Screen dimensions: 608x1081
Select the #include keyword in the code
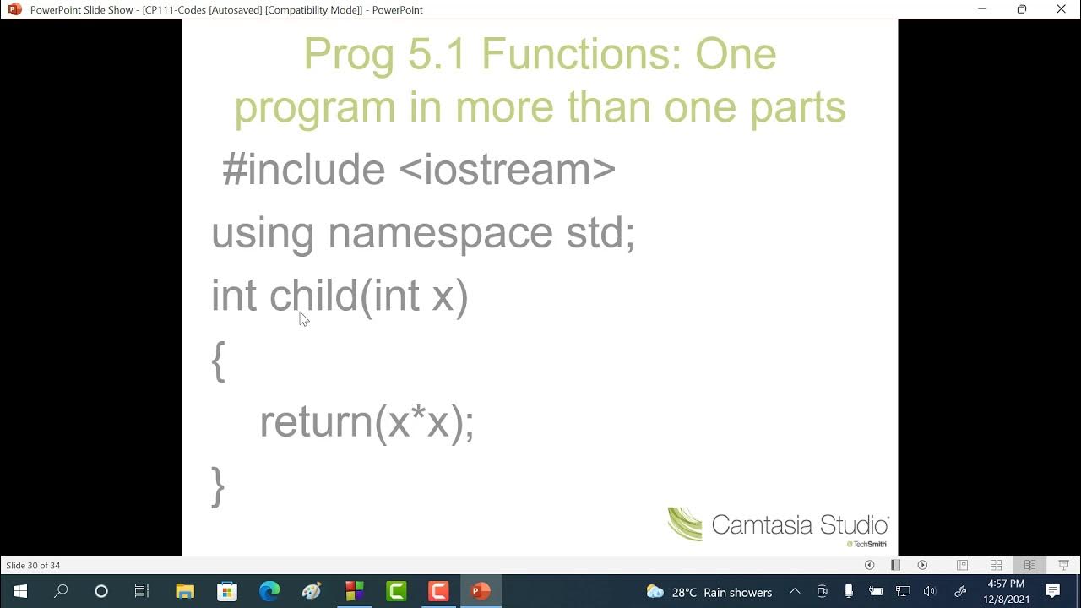pos(303,169)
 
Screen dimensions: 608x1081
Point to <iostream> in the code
pos(507,169)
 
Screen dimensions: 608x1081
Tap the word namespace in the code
pos(440,233)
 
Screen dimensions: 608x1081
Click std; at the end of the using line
pos(600,233)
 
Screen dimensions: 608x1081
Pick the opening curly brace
pos(218,361)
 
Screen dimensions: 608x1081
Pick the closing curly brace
pos(218,486)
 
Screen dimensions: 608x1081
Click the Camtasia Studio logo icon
pos(685,524)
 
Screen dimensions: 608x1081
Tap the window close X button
pos(1062,9)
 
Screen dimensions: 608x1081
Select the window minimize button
pos(982,9)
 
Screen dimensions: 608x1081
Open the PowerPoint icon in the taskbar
pos(481,591)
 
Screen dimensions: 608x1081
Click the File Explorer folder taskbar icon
pos(185,591)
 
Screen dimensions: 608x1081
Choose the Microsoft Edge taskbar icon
pos(269,591)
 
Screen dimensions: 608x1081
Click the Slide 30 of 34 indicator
pos(33,565)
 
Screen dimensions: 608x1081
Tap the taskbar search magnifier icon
pos(61,591)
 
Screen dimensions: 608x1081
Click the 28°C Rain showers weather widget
pos(709,592)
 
